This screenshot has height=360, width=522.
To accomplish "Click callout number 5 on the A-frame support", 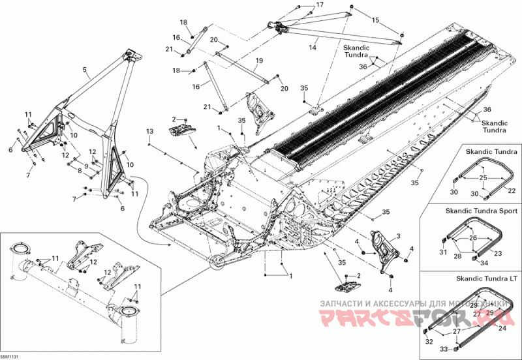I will tap(84, 68).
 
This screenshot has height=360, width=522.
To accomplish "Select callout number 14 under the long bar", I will tap(313, 48).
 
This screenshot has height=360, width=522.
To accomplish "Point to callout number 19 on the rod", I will tap(259, 61).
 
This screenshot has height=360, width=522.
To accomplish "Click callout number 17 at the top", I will tap(320, 5).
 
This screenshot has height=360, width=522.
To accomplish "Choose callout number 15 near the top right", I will tap(375, 20).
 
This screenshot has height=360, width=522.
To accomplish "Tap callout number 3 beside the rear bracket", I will tap(398, 235).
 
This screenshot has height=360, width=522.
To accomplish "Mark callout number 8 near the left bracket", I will tap(80, 170).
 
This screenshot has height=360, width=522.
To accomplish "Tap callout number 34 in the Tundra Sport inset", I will tap(484, 263).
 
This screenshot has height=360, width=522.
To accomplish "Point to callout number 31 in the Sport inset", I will tap(442, 252).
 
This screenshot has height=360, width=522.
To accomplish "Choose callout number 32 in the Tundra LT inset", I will tap(428, 341).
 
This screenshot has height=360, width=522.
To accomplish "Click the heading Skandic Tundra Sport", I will tap(482, 211).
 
